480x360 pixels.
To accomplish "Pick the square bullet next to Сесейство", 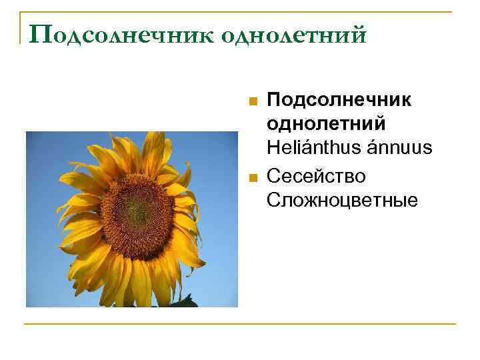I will pos(251,178).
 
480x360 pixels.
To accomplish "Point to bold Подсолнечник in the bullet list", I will pos(339,101).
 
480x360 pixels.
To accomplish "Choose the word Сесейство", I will pos(316,175).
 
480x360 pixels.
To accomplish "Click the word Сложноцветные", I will pos(342,200).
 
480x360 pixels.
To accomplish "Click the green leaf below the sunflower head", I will pos(183,302).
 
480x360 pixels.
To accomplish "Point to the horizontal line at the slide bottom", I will pos(240,324).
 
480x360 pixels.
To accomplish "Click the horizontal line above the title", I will pos(240,11).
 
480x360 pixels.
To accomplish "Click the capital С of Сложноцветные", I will pos(273,200).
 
